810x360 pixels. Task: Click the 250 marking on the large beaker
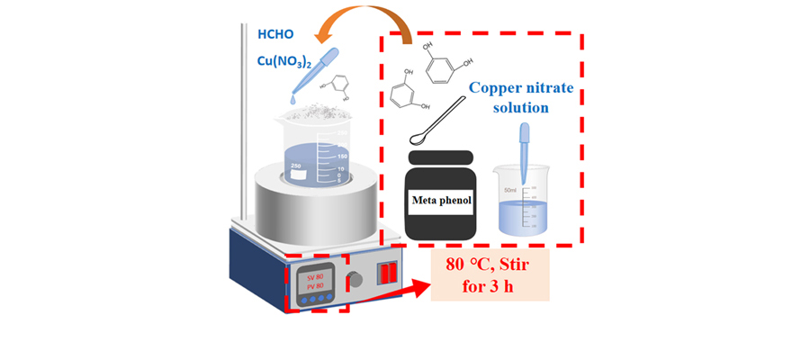coord(297,166)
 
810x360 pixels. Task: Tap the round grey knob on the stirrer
coord(356,280)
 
